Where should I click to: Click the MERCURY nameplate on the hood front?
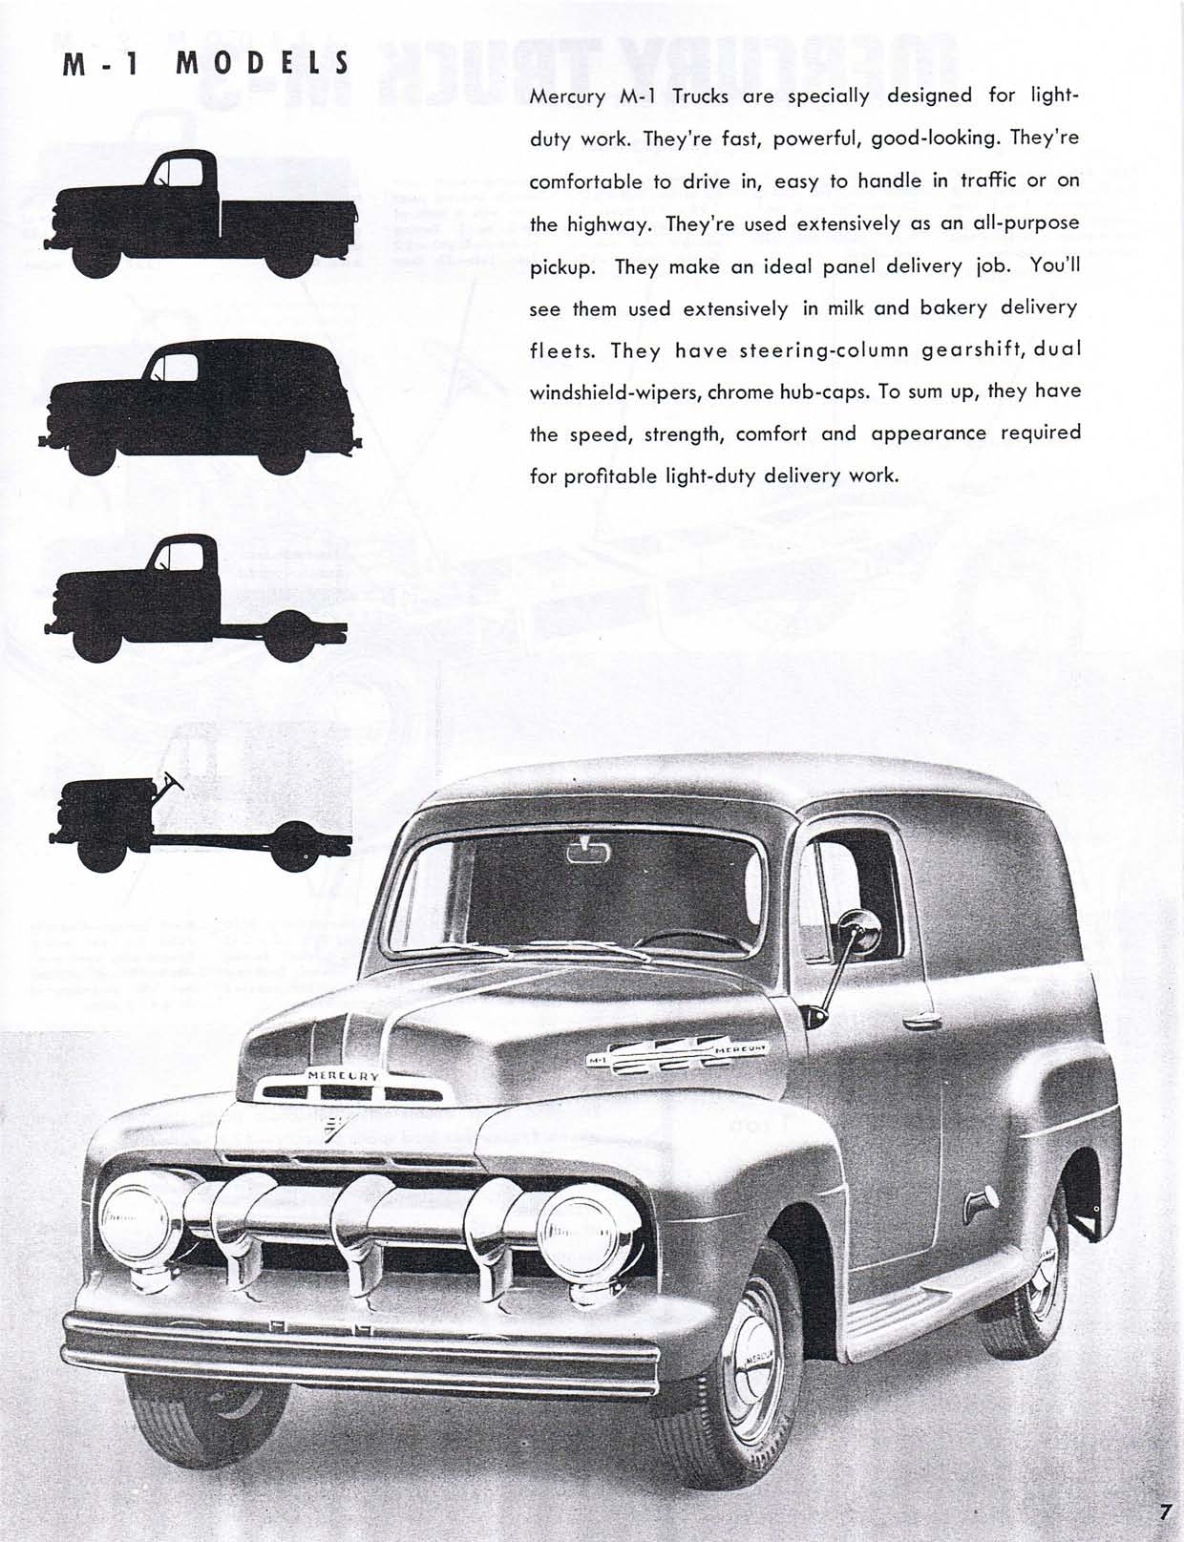click(343, 1075)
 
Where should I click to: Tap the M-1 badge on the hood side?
click(597, 1060)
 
